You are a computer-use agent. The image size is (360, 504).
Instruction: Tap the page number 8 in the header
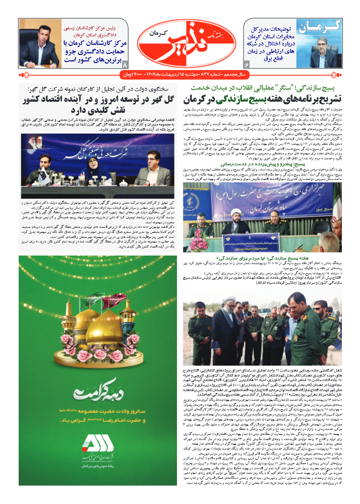(x=126, y=64)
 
